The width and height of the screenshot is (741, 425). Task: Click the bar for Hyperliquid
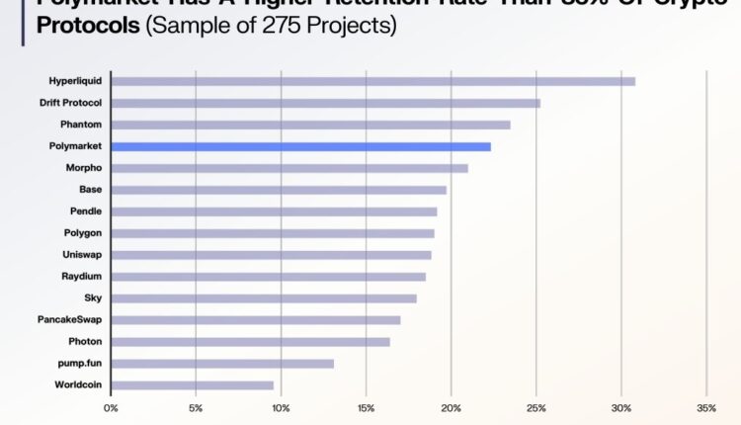point(372,81)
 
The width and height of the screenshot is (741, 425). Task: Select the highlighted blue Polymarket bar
point(300,146)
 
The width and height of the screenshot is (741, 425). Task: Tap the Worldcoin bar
point(192,385)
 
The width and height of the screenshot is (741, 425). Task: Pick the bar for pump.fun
point(222,364)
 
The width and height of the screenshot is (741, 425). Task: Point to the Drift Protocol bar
point(325,103)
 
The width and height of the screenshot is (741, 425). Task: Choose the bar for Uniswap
point(271,255)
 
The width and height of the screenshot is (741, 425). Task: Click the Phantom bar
point(310,125)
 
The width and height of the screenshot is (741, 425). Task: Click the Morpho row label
point(84,168)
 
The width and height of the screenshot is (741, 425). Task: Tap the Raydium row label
point(82,277)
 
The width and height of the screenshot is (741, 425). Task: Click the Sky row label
point(93,298)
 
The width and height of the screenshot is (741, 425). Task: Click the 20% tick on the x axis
point(451,407)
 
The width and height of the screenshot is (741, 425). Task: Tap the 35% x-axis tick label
point(705,407)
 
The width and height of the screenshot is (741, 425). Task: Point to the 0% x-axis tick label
point(111,407)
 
